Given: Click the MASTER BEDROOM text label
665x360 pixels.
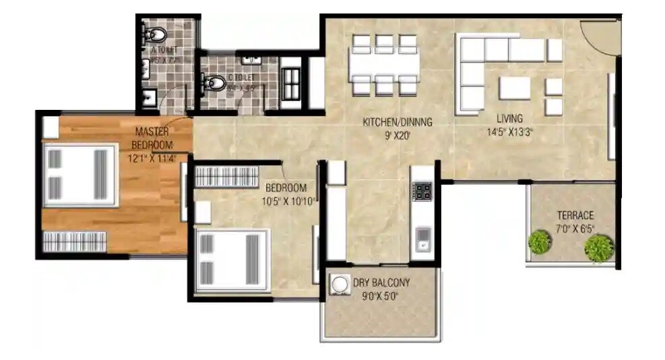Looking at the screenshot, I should pyautogui.click(x=153, y=138).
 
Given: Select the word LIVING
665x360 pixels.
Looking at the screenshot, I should pyautogui.click(x=506, y=119).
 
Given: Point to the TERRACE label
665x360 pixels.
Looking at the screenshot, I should pyautogui.click(x=575, y=216).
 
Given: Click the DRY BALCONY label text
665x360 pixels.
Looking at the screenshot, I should pyautogui.click(x=381, y=283).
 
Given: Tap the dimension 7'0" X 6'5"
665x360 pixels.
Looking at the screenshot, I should pyautogui.click(x=575, y=229).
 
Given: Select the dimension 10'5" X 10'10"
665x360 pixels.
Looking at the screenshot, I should pyautogui.click(x=289, y=200).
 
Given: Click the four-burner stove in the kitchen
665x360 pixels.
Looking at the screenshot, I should pyautogui.click(x=422, y=191).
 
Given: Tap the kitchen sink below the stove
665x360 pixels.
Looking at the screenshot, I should pyautogui.click(x=422, y=236).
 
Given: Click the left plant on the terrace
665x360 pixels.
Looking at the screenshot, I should pyautogui.click(x=539, y=242).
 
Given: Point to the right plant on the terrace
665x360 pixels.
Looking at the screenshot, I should pyautogui.click(x=598, y=248).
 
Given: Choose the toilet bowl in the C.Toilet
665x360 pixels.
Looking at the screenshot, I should pyautogui.click(x=214, y=83).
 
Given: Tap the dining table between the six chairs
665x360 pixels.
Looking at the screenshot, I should pyautogui.click(x=384, y=65).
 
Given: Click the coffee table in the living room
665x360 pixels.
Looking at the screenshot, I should pyautogui.click(x=515, y=88).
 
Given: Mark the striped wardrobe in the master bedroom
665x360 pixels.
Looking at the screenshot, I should pyautogui.click(x=75, y=241).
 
